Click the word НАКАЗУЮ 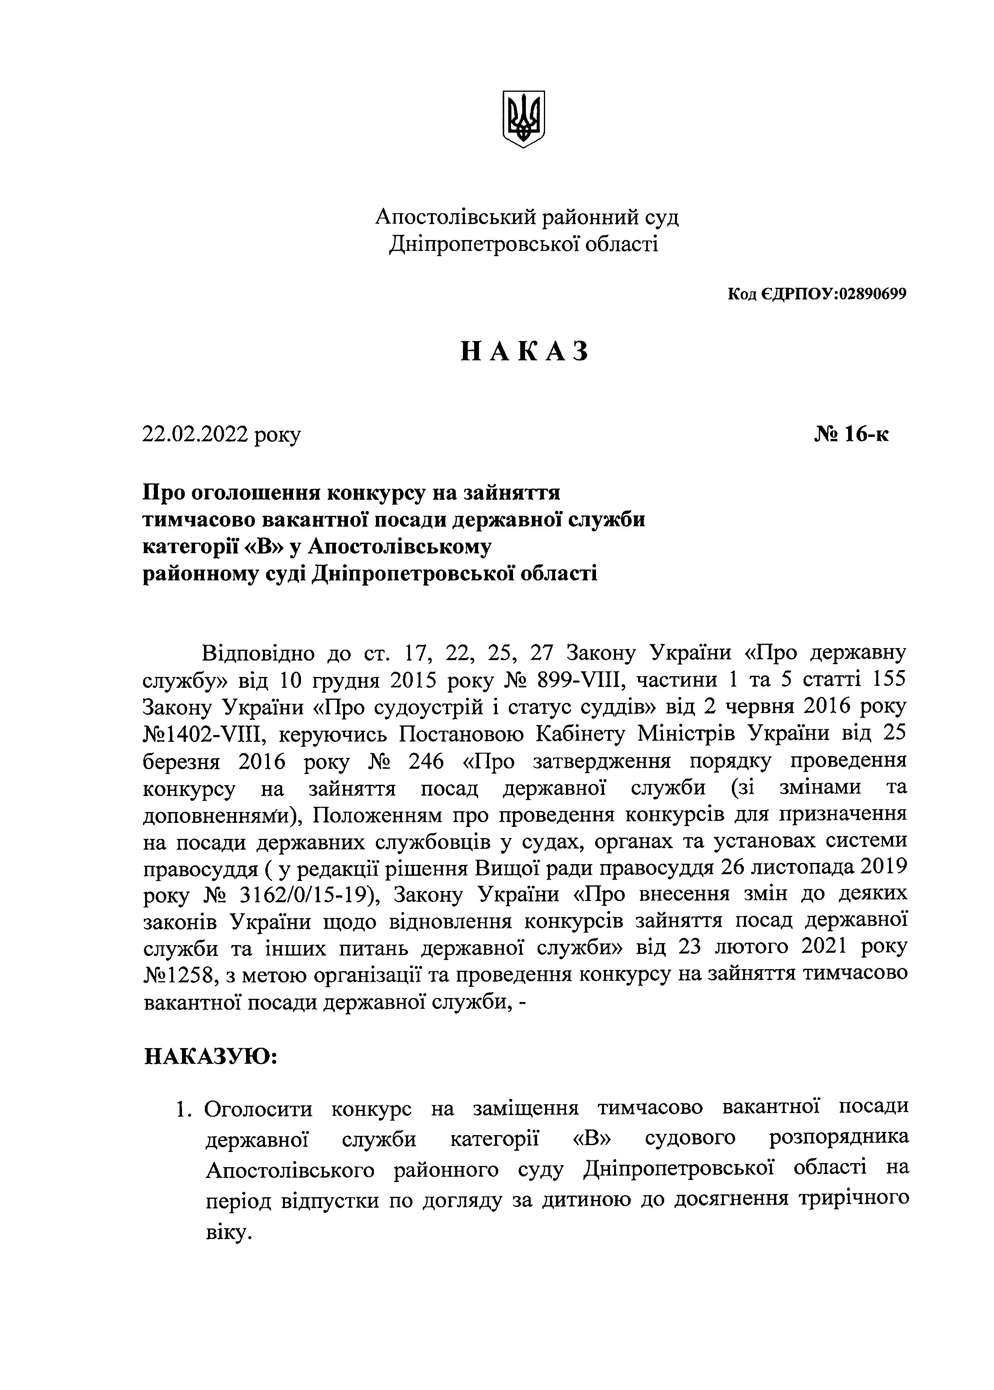[x=211, y=1056]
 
